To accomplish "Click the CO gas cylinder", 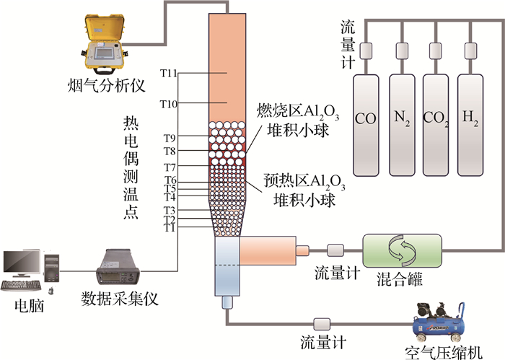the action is [366, 126].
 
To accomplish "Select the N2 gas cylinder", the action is [402, 126].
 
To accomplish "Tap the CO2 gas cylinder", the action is [436, 126].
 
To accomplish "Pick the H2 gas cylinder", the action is [470, 126].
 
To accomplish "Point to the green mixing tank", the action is [403, 250].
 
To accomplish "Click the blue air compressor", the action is [439, 322].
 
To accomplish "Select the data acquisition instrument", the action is [118, 267].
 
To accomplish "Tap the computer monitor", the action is [22, 263].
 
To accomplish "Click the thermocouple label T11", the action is [169, 74].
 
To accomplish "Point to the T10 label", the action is [169, 104].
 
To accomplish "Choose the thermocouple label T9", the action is [170, 138].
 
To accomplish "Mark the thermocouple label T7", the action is [170, 167].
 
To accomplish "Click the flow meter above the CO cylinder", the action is [366, 51].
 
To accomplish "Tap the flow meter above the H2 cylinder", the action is [470, 51].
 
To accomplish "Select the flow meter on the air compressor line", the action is [322, 324].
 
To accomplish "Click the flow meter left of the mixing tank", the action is [335, 250].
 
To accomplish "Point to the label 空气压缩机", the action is [444, 353].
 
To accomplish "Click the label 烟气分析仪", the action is [107, 85].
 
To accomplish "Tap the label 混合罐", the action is [400, 279].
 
